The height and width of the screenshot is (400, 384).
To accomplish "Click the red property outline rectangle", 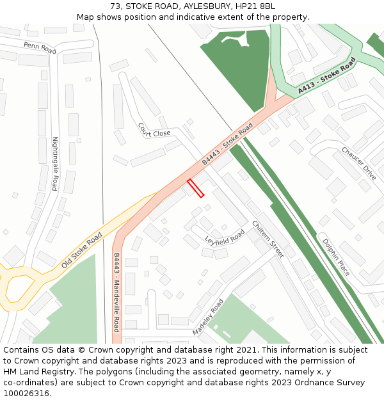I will coord(196,188).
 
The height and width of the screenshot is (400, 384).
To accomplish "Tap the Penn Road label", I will coord(40,47).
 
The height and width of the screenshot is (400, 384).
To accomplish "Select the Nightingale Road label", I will coord(55,164).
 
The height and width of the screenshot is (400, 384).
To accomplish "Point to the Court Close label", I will coord(154,131).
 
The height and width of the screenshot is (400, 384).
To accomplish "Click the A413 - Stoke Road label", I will coord(326,76).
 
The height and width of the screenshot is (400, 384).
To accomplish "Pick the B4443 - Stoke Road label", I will coord(227,144).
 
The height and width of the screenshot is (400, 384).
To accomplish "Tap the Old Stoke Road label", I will coord(81,250).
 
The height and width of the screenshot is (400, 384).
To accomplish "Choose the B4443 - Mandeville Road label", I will coord(116,292).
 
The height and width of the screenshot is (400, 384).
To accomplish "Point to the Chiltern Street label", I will coord(268,239).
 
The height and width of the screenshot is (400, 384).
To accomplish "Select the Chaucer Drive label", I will coord(358,163).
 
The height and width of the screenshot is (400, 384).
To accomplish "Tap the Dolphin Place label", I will coord(336,257).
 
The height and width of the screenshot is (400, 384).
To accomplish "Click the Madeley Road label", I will coord(208,317).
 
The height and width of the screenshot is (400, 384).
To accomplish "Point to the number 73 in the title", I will coord(116,6).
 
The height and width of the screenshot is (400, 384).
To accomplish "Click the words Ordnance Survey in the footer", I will coord(333,383).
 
